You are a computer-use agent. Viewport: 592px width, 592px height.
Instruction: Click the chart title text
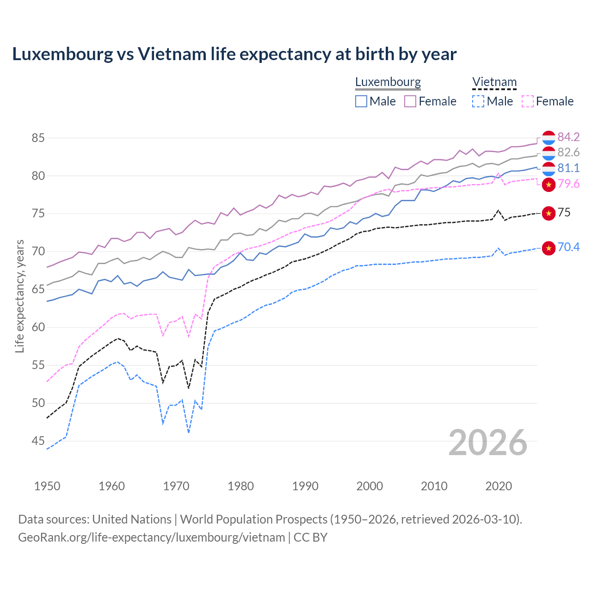point(234,54)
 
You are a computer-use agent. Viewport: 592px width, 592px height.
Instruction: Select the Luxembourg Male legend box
point(361,101)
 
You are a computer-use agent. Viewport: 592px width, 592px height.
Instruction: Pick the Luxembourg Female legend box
point(410,101)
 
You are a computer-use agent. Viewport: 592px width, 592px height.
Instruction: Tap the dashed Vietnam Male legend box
point(478,101)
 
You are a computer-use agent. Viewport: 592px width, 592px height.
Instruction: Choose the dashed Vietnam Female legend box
point(528,101)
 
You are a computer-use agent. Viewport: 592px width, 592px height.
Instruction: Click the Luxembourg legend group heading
point(388,82)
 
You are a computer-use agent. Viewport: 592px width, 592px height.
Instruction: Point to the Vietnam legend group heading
point(494,82)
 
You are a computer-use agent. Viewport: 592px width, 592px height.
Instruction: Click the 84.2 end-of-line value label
point(568,137)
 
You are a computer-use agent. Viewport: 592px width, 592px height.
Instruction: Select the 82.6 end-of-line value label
point(568,152)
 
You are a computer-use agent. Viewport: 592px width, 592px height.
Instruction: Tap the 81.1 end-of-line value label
point(568,168)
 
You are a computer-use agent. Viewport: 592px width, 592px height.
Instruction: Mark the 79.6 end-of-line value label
point(568,184)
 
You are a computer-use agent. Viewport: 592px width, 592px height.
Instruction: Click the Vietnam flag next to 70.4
point(549,248)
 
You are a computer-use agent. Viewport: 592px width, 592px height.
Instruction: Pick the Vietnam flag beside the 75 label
point(549,213)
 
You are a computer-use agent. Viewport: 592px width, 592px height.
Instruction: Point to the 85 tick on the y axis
point(38,138)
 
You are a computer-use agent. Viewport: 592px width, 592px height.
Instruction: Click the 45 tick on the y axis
point(38,441)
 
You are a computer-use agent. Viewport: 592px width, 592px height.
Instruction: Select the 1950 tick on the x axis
point(47,486)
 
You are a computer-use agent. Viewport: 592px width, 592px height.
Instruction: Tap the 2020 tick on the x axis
point(499,486)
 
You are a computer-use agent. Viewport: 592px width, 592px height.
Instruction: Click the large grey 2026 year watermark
point(487,443)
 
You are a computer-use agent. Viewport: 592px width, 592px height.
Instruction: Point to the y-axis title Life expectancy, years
point(19,296)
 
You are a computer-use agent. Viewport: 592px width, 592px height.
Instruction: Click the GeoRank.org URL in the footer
point(152,537)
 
